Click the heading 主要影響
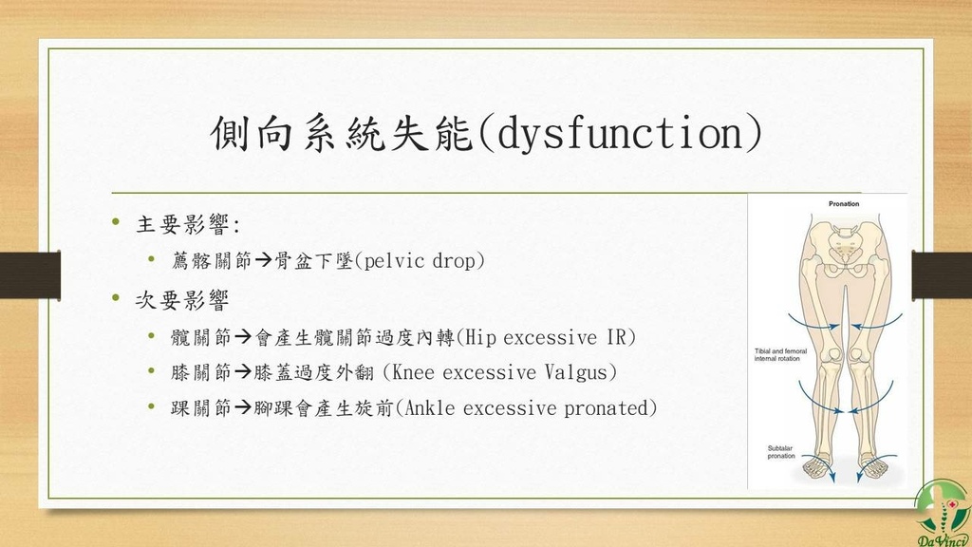[x=182, y=224]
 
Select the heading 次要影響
[x=182, y=300]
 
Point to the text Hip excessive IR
[x=546, y=337]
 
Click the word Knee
[x=413, y=372]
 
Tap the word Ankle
[x=429, y=407]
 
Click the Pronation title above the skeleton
[x=844, y=204]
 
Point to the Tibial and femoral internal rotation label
[x=780, y=355]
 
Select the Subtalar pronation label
[x=781, y=452]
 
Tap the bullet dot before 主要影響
[x=116, y=221]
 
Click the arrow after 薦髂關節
[x=264, y=260]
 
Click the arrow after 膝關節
[x=243, y=372]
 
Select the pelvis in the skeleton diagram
[x=845, y=247]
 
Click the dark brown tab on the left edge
[x=30, y=274]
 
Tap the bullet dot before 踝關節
[x=151, y=406]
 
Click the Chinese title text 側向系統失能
[x=342, y=133]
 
